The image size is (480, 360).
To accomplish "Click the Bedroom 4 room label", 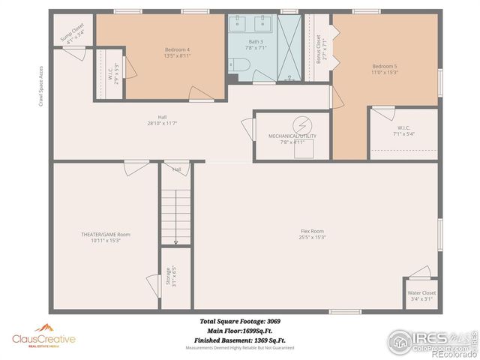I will click(178, 49).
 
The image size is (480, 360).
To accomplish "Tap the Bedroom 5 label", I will click(385, 66).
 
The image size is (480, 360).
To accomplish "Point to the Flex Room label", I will click(312, 231).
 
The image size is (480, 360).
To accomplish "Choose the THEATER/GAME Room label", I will click(105, 235).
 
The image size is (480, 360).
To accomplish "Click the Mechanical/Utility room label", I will click(292, 136).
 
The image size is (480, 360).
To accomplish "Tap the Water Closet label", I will click(421, 292).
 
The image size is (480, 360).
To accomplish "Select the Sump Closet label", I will click(73, 37).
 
